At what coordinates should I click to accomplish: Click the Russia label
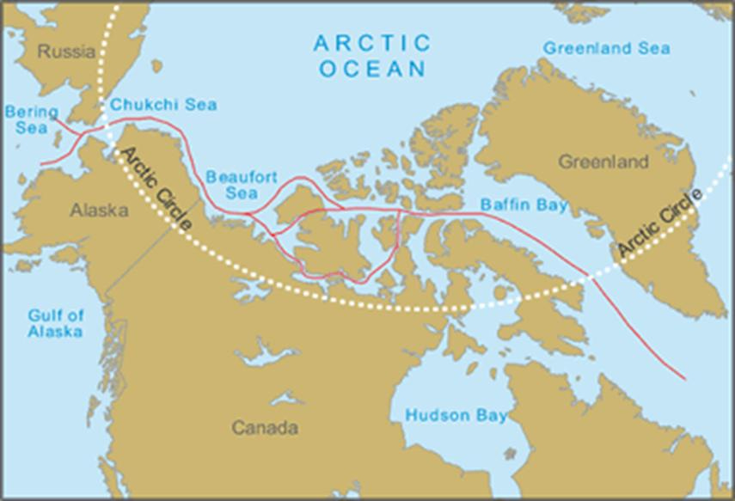click(66, 52)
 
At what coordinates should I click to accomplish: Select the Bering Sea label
click(31, 120)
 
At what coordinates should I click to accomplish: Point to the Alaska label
click(99, 210)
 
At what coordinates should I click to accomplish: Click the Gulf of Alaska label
click(55, 322)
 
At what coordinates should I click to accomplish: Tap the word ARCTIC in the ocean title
click(371, 43)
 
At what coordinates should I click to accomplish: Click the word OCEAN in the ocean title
click(372, 69)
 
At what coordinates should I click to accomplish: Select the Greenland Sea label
click(606, 49)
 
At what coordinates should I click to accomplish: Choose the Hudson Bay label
click(456, 415)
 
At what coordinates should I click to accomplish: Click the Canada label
click(265, 428)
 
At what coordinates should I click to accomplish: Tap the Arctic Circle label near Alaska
click(156, 190)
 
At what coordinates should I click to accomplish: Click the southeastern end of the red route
click(685, 378)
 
